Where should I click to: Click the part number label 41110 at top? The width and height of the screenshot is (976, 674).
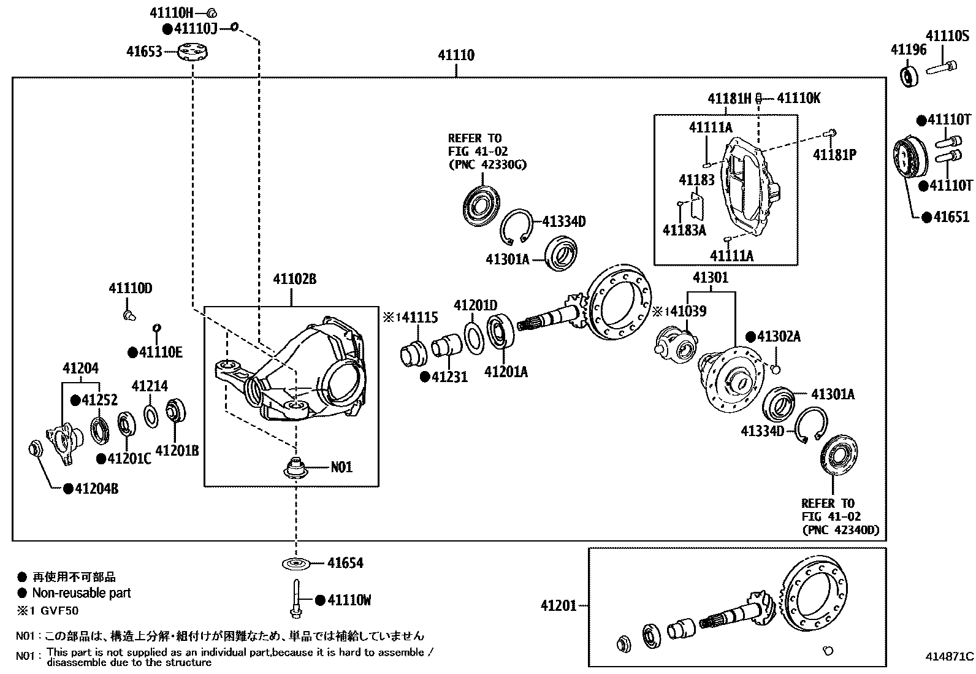456,55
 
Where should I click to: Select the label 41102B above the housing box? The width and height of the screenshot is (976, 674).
294,279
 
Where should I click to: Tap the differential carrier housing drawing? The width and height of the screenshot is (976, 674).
293,374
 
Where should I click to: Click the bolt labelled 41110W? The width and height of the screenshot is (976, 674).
295,597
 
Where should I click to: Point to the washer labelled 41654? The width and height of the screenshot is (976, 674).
296,563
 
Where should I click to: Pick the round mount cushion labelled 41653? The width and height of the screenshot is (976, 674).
193,52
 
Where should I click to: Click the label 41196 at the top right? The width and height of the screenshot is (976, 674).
908,50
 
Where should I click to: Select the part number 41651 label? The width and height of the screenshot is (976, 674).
951,217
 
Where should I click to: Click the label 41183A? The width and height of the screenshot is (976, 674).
684,230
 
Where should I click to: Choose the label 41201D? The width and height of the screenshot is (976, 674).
475,305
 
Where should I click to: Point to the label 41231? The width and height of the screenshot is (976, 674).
449,377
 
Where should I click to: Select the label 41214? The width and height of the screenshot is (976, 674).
150,386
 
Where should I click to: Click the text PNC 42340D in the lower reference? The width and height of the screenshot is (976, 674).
841,530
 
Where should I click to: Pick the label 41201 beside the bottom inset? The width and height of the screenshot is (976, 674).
559,606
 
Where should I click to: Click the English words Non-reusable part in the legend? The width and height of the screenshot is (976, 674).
82,593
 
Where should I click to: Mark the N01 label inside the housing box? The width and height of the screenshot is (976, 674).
341,467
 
